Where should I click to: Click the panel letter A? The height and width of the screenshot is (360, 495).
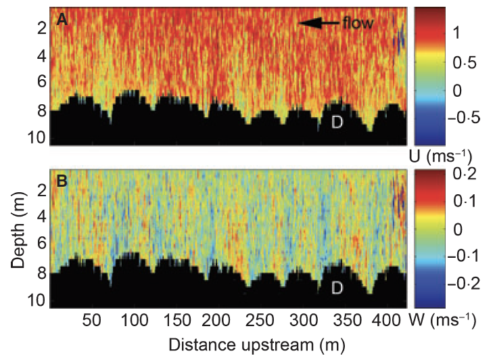pyautogui.click(x=62, y=20)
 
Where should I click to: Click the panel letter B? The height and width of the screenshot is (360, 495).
pyautogui.click(x=62, y=181)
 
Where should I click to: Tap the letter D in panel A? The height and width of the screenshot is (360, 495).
pyautogui.click(x=337, y=122)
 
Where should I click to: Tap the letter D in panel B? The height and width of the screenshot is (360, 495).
pyautogui.click(x=337, y=288)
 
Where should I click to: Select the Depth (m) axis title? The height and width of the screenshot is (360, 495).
pyautogui.click(x=20, y=233)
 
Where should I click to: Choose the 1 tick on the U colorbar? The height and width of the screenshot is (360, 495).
pyautogui.click(x=456, y=32)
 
